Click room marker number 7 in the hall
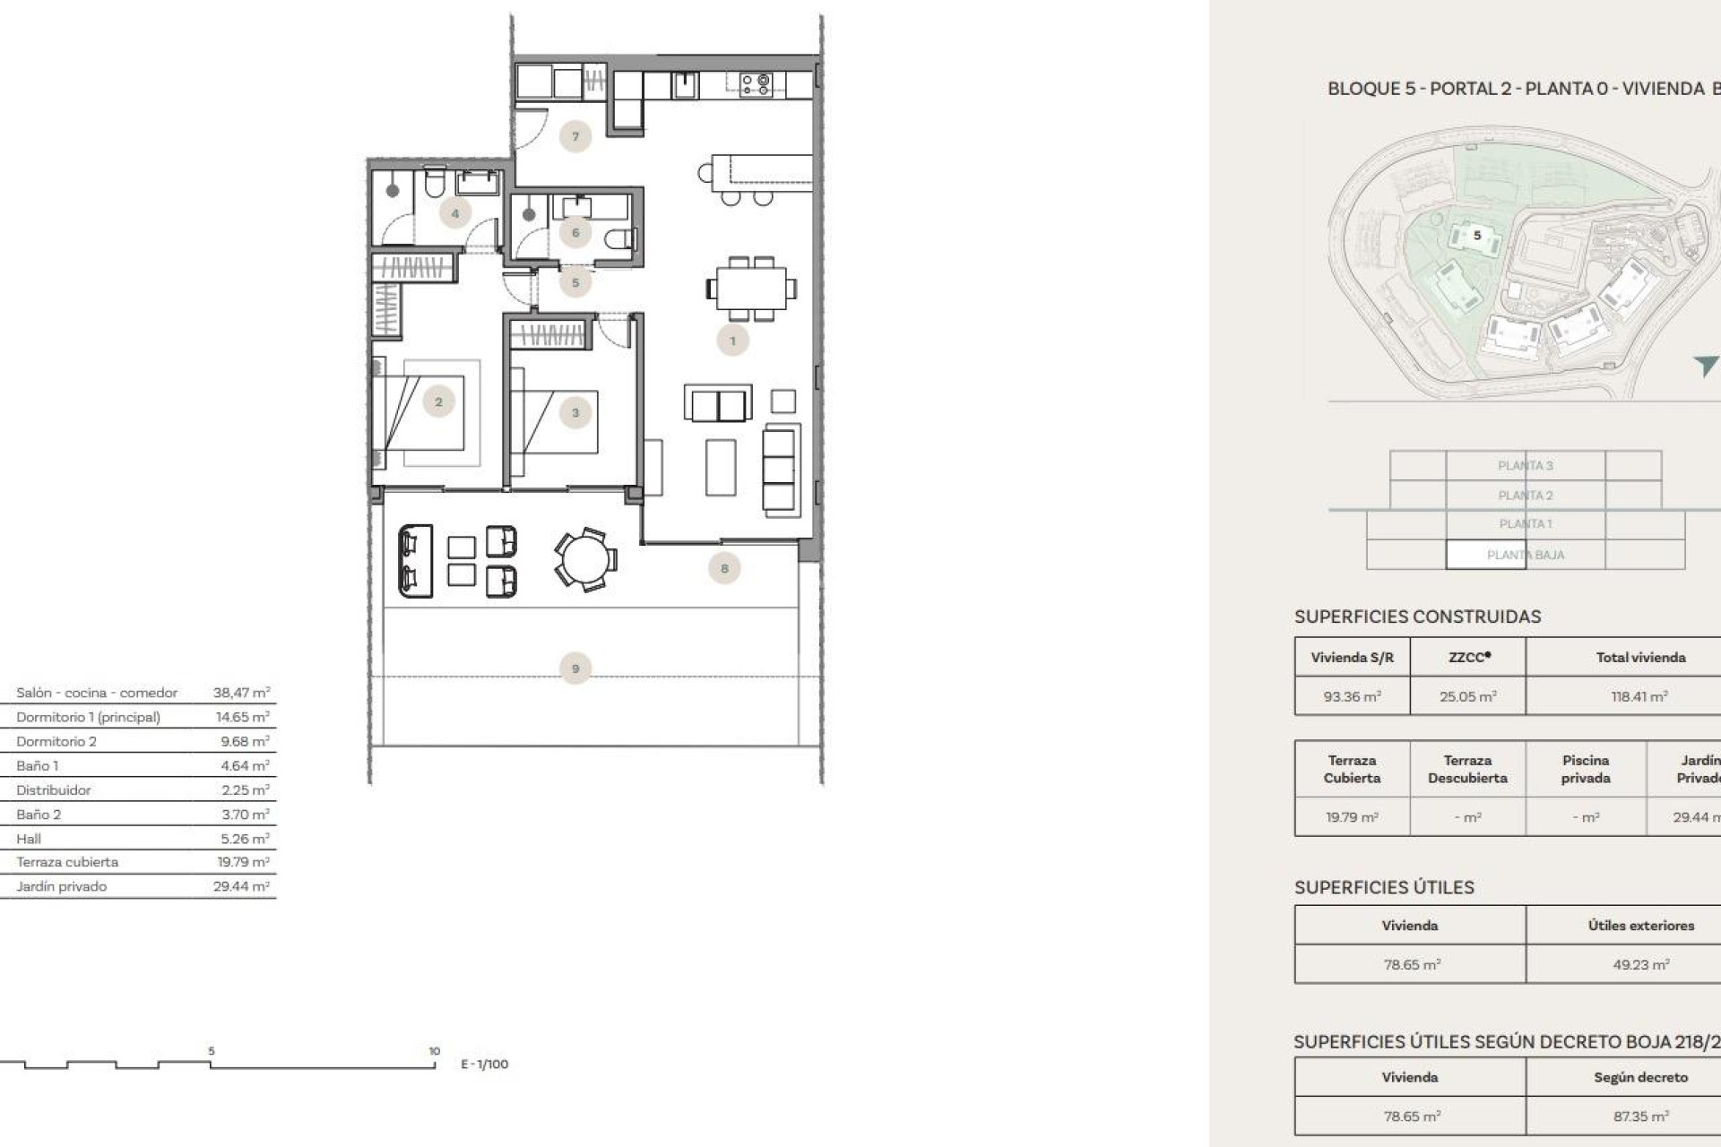575,136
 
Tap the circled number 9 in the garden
575,668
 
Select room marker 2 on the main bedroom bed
438,402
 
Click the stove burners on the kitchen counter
756,85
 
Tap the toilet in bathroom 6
618,239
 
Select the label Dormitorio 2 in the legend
56,741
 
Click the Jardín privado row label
61,886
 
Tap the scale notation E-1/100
484,1064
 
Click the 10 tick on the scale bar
434,1051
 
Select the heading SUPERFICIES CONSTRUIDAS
1417,617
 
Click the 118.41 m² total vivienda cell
1639,696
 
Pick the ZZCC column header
1468,657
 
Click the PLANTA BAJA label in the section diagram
1525,555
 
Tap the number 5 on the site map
1477,236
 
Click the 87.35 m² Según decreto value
1640,1117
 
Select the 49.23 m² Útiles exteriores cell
1640,965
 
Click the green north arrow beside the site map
1705,365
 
